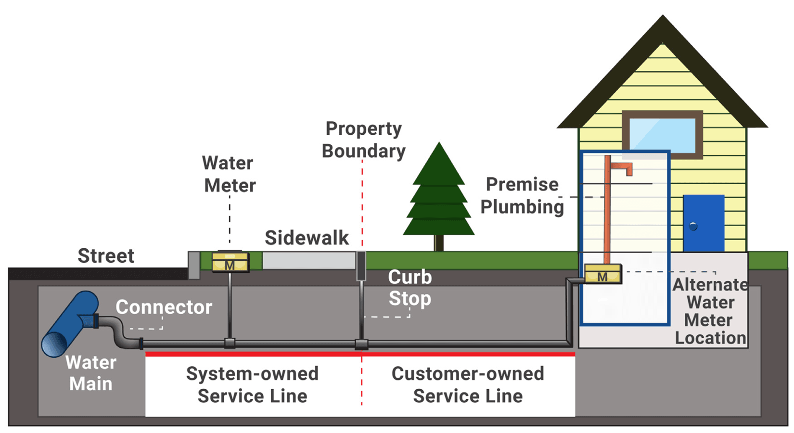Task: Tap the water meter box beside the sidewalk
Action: tap(230, 262)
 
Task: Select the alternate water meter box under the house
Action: tap(602, 274)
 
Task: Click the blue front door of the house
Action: tap(703, 223)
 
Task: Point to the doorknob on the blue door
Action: tap(693, 226)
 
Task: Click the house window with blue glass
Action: tap(662, 135)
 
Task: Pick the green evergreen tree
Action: tap(438, 197)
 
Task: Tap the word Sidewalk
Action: tap(307, 238)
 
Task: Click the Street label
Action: tap(106, 256)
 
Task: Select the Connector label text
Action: tap(164, 307)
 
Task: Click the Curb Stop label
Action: tap(410, 288)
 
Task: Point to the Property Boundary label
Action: tap(364, 140)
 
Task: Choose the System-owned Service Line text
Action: tap(252, 384)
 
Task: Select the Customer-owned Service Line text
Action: tap(468, 384)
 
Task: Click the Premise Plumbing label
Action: tap(522, 195)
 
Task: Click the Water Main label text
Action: tap(90, 373)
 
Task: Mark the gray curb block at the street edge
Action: tap(194, 265)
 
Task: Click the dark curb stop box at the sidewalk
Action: tap(361, 266)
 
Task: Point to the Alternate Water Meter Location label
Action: tap(710, 311)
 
